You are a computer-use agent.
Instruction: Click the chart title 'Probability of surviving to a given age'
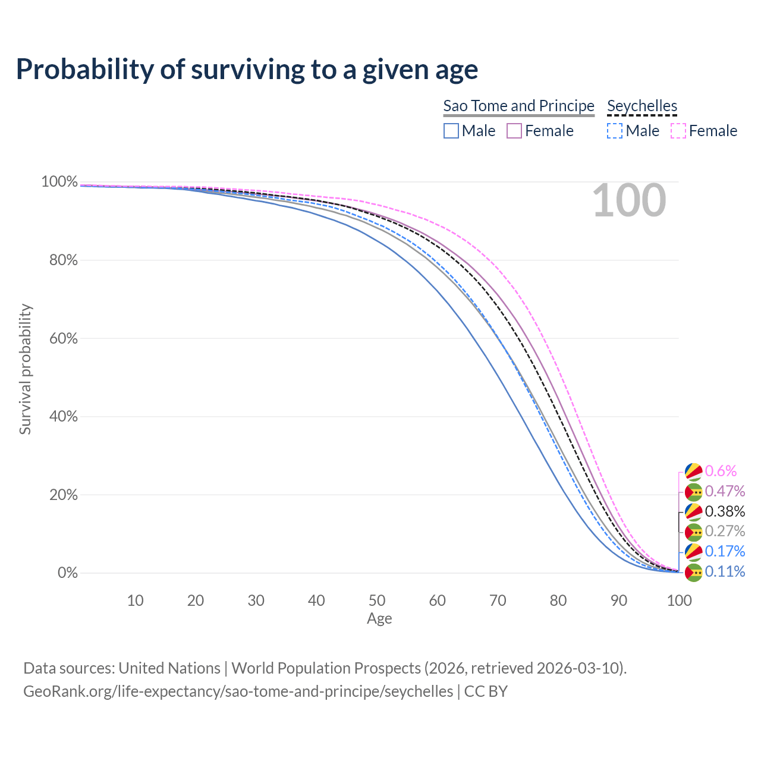point(247,70)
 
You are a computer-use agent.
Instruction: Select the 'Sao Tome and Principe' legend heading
point(518,106)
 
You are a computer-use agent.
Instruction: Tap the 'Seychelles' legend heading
point(642,106)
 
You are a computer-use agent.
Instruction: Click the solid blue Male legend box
point(451,131)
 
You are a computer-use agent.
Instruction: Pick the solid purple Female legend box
point(514,131)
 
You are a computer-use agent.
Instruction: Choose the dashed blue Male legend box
point(615,131)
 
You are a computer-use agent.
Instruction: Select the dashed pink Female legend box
point(678,131)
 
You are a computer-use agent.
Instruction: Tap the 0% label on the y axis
point(67,573)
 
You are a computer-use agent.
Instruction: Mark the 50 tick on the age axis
point(377,600)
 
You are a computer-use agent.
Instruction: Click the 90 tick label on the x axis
point(619,600)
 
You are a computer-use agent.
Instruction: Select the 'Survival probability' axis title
point(25,369)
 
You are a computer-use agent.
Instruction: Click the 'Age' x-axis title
point(379,619)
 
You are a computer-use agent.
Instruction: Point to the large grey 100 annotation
point(629,200)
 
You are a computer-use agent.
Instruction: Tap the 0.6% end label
point(721,471)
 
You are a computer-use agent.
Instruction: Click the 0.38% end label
point(725,511)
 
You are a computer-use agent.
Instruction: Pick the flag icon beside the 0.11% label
point(694,572)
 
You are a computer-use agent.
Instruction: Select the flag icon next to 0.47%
point(694,492)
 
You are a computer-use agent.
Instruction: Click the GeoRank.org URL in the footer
point(238,691)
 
